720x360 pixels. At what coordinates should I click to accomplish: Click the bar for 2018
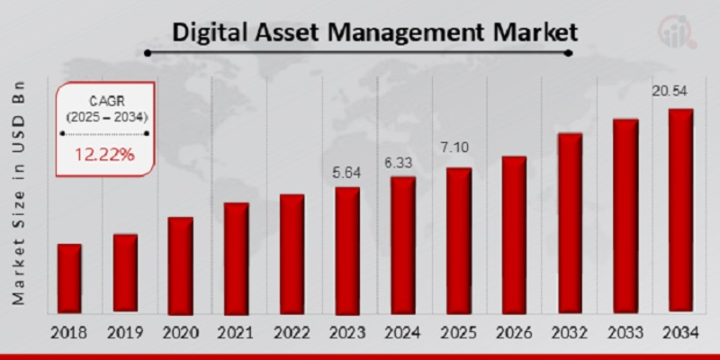coord(69,278)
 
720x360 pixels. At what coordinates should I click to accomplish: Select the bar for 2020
coord(181,265)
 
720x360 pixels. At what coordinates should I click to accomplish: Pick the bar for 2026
coord(514,234)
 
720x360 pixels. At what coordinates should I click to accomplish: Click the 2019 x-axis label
coord(125,333)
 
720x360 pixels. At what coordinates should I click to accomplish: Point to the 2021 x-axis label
coord(237,333)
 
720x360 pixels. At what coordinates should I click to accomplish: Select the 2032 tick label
coord(570,333)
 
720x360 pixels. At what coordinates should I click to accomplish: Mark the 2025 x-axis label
coord(458,333)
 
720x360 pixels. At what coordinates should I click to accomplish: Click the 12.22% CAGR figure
coord(104,155)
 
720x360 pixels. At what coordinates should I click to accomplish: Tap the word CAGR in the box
coord(105,100)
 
